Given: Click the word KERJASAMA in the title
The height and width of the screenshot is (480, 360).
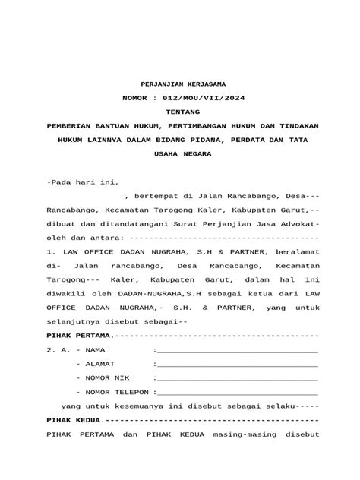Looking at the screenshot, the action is (x=203, y=82).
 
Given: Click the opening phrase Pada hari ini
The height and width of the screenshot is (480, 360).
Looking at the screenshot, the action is (x=74, y=182).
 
